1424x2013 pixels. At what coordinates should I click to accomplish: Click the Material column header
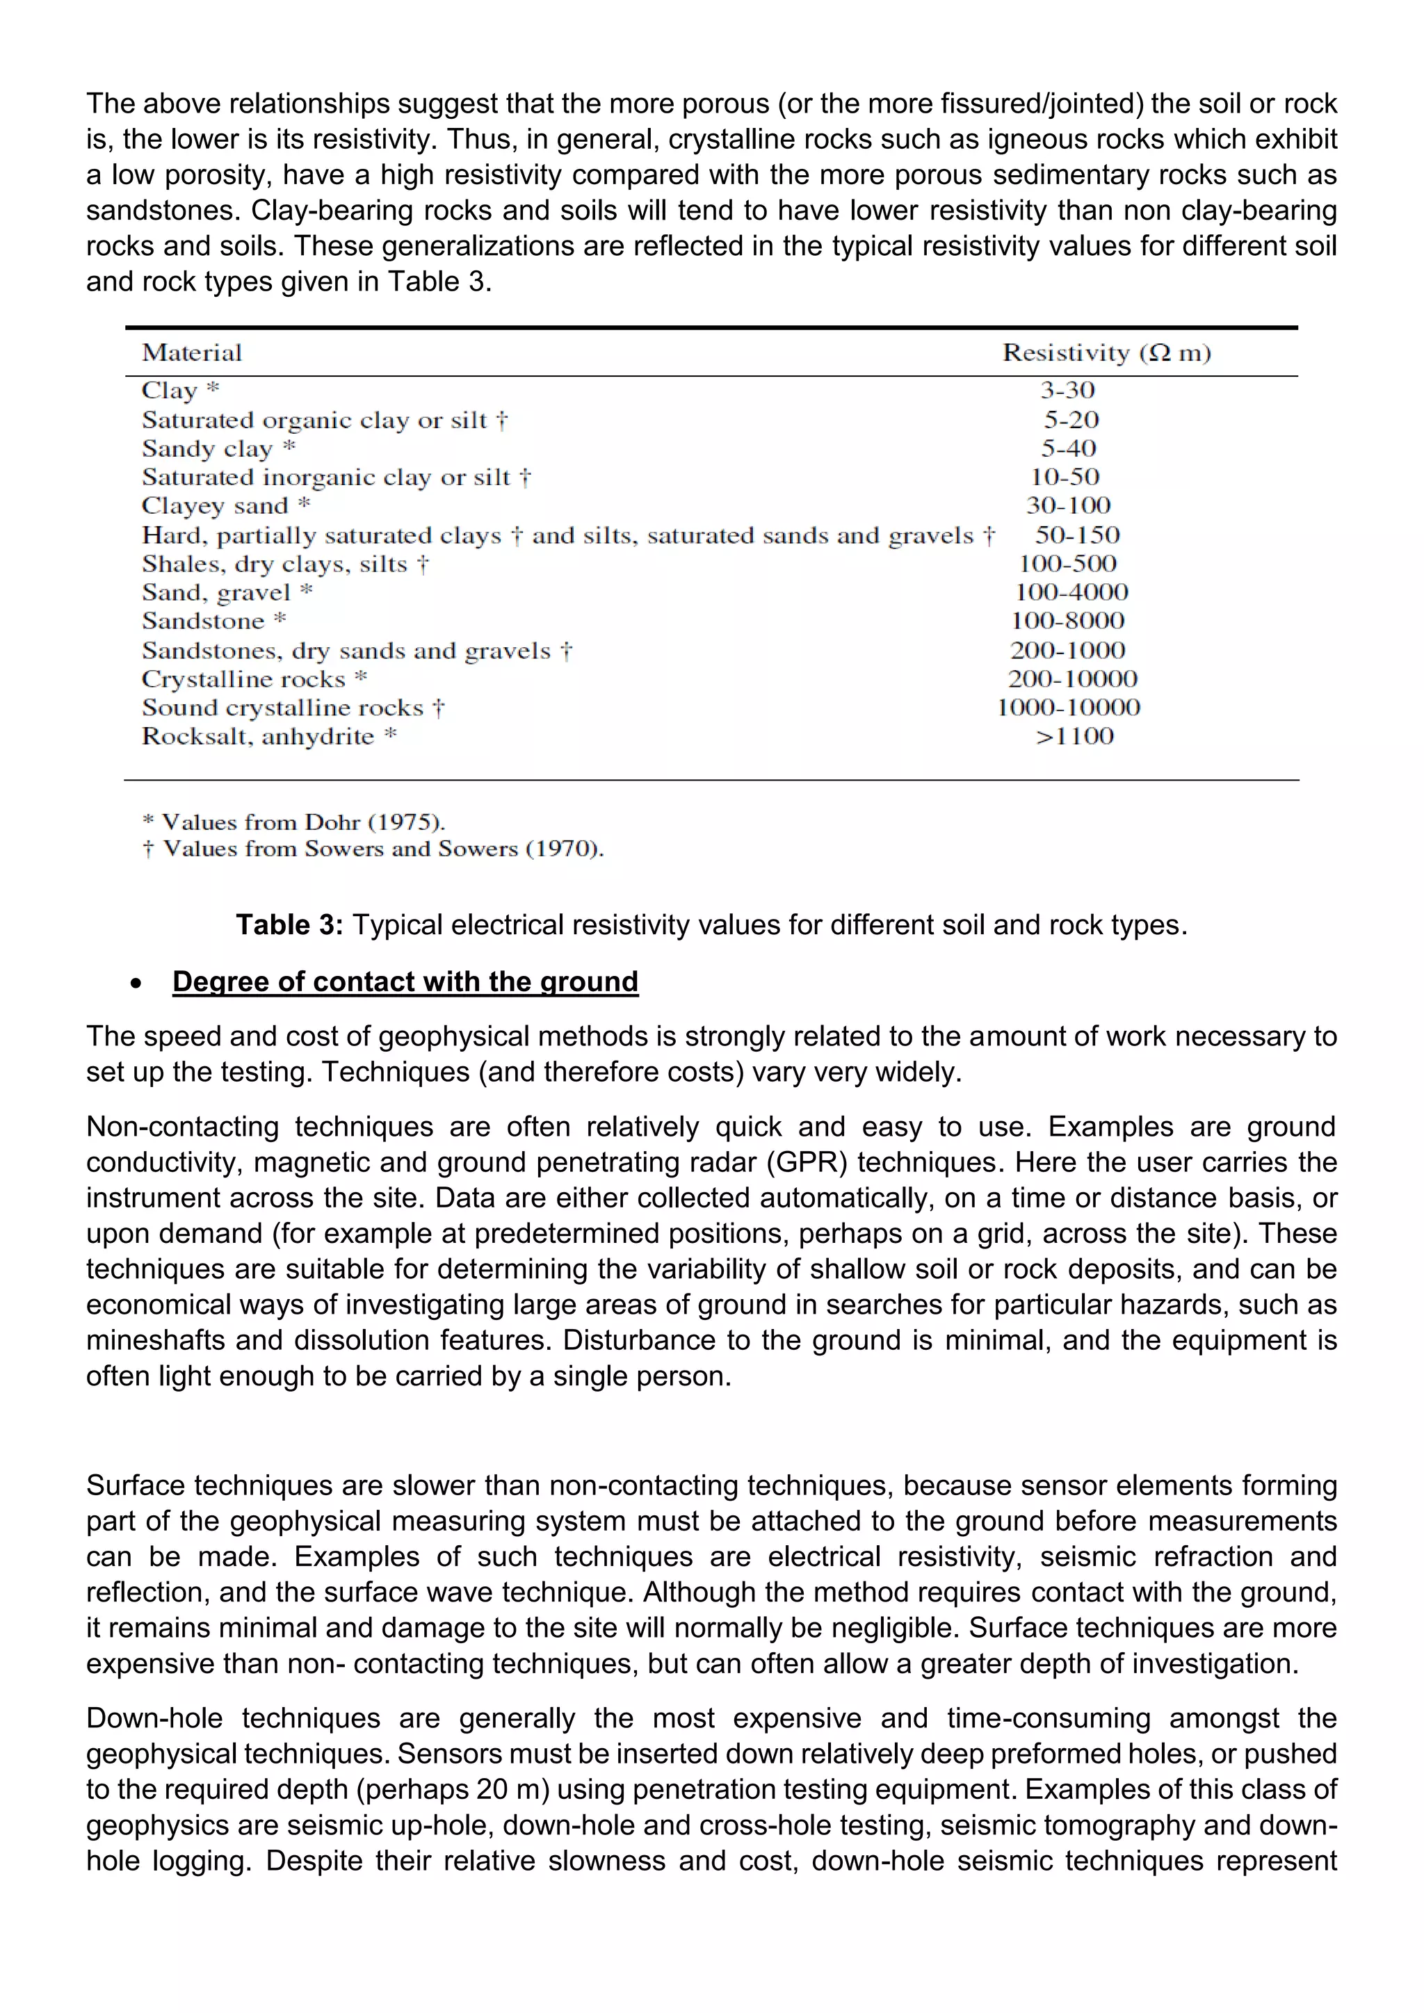point(192,352)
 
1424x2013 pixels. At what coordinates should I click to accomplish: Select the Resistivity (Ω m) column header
point(1106,352)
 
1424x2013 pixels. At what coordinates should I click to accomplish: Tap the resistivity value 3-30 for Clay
point(1067,390)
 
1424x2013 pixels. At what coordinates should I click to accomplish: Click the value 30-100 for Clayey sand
point(1068,506)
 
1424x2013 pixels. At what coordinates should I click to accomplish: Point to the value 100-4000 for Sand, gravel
point(1071,593)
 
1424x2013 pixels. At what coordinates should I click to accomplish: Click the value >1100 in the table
point(1074,737)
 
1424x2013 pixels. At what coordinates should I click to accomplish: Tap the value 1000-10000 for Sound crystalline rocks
point(1068,708)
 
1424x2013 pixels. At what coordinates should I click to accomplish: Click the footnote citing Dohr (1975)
point(293,822)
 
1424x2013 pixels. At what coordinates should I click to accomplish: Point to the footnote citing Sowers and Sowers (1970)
point(373,849)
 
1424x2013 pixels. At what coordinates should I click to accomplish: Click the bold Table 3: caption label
point(289,925)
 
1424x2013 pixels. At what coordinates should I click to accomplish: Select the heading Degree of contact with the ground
point(405,981)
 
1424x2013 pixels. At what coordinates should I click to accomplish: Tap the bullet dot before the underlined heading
point(135,984)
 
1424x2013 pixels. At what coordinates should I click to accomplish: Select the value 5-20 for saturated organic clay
point(1071,420)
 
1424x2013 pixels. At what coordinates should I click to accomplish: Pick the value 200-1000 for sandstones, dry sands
point(1067,651)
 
